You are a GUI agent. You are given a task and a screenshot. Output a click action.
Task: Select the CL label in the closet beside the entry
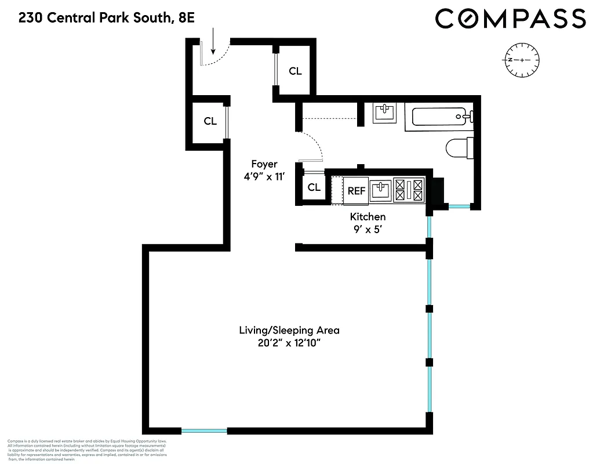pos(295,71)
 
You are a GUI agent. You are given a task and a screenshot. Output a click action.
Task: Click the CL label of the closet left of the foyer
pos(210,121)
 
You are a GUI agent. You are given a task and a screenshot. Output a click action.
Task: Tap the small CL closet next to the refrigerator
pos(314,187)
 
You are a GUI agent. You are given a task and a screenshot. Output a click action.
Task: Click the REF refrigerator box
pos(356,191)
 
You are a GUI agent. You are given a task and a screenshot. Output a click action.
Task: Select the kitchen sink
pos(380,190)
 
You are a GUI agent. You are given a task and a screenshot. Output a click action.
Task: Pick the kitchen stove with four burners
pos(409,190)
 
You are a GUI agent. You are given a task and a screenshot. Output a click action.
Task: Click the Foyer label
pos(264,164)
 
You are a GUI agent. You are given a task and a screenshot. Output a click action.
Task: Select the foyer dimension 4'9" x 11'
pos(264,177)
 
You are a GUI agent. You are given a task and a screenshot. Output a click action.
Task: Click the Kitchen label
pos(368,217)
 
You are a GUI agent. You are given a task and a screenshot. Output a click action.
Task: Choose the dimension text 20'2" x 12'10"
pos(289,344)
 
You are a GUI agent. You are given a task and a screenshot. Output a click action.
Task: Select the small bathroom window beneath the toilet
pos(460,206)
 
